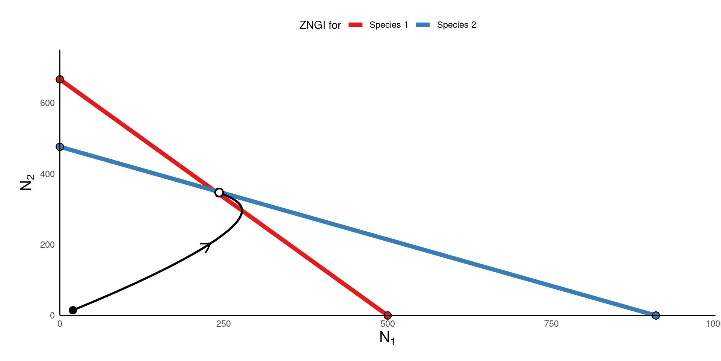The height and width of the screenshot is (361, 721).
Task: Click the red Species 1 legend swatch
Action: coord(355,25)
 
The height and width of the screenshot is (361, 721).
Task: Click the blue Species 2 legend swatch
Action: coord(423,25)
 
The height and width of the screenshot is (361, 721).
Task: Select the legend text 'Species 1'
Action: coord(388,25)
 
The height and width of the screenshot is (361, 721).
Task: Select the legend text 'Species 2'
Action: coord(456,25)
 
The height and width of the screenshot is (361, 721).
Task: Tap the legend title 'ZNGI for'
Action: coord(320,25)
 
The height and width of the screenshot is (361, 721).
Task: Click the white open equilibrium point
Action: coord(219,193)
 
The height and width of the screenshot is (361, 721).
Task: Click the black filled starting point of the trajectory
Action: coord(73,310)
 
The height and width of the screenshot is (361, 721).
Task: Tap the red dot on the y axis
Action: coord(60,79)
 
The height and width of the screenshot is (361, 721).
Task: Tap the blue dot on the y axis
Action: coord(60,147)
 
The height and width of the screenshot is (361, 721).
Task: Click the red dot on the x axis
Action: coord(388,315)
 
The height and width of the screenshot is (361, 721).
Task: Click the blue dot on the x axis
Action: coord(656,315)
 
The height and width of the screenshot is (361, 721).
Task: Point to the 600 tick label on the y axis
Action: coord(47,103)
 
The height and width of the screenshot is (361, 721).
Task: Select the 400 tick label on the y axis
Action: coord(47,174)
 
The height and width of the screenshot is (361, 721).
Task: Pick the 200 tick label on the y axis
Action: coord(47,245)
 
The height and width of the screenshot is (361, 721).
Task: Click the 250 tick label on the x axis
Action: coord(223,324)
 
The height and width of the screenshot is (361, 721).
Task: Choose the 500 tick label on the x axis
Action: coord(388,324)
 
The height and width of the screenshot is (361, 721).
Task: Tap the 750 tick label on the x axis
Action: coord(551,324)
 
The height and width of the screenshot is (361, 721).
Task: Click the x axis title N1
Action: coord(387,338)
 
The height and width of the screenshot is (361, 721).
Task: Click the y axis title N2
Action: coord(27,182)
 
